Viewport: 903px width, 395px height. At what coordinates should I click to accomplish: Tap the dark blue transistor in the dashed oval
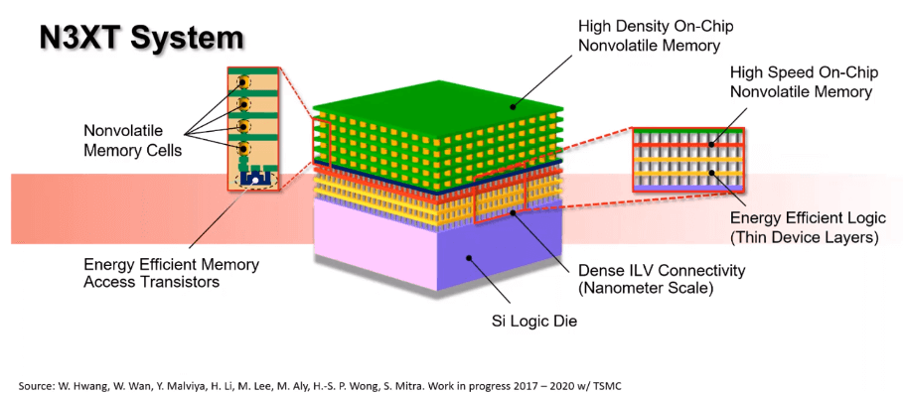[253, 180]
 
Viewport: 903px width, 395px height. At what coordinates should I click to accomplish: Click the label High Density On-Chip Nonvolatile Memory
[650, 36]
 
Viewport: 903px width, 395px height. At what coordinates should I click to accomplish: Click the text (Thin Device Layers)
[802, 237]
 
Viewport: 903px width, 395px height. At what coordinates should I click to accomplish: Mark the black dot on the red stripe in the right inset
[711, 145]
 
